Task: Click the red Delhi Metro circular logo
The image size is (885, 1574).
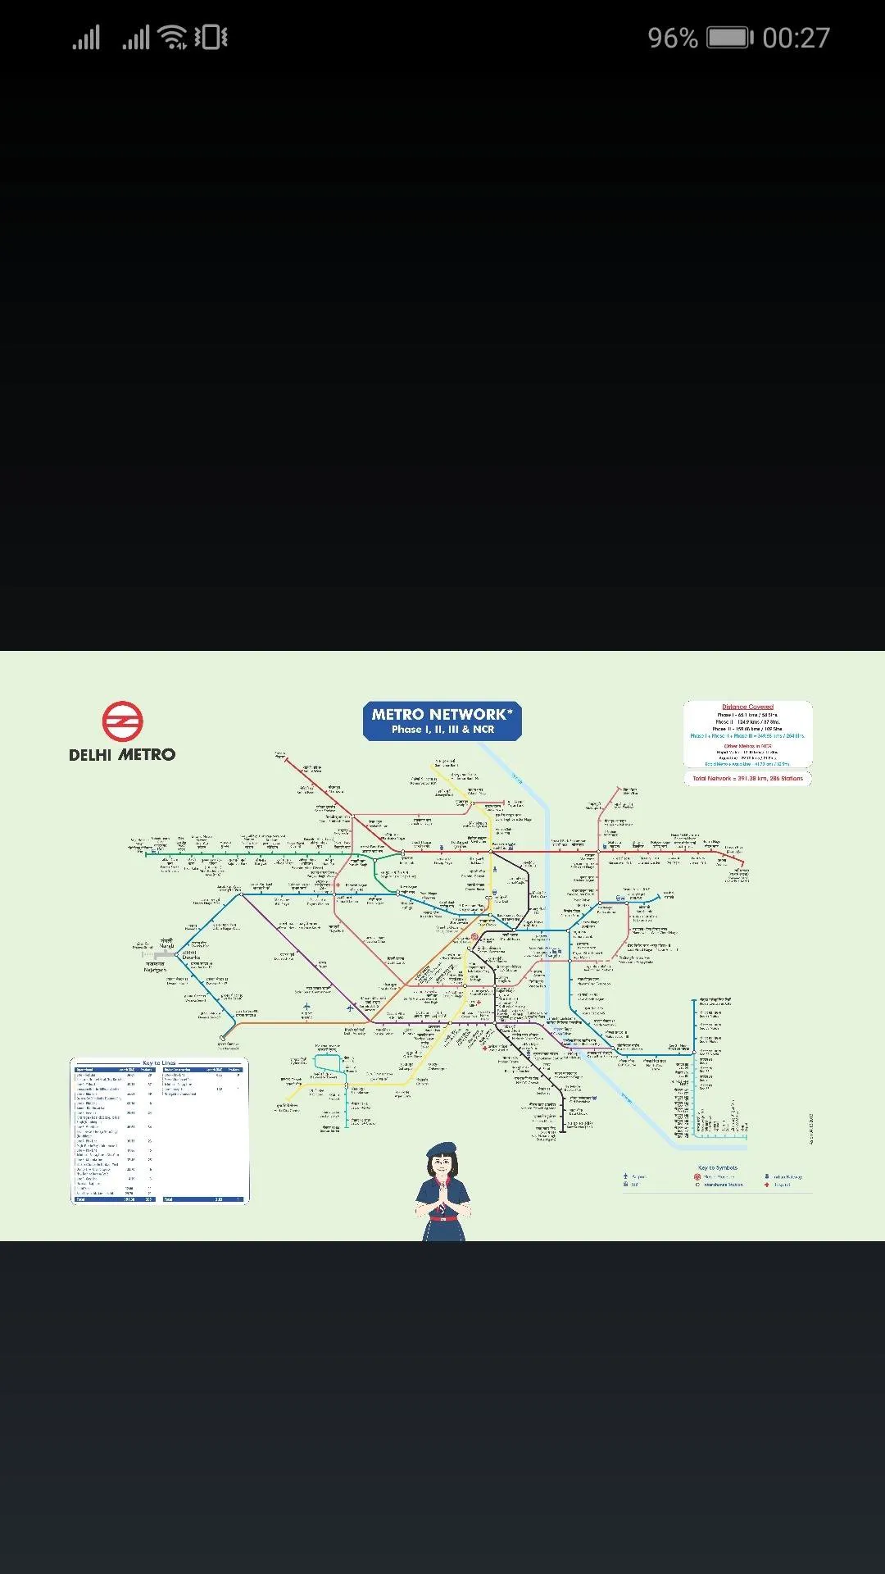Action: coord(123,721)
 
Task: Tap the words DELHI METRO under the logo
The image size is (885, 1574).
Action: coord(122,755)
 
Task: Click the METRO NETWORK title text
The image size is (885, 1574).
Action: coord(442,714)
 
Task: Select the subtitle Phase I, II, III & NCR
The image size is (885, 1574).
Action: coord(442,730)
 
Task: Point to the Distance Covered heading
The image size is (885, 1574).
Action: coord(747,707)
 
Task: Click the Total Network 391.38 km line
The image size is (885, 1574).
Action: coord(747,779)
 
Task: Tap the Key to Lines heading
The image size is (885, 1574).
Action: coord(159,1063)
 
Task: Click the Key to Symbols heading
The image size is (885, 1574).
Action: coord(718,1167)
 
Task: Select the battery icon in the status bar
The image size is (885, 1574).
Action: coord(728,38)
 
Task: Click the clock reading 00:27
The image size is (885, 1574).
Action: coord(796,38)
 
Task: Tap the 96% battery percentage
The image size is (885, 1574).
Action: coord(672,38)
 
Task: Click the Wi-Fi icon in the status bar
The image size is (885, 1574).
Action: coord(173,37)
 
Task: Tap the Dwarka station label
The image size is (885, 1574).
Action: coord(191,955)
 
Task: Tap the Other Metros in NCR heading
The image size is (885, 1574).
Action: coord(747,746)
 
